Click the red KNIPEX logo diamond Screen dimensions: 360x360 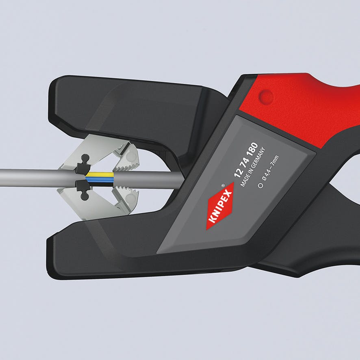(220, 206)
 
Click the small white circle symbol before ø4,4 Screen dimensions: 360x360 (260, 185)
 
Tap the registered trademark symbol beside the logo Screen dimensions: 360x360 (223, 184)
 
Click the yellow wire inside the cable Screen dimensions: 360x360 (100, 175)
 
